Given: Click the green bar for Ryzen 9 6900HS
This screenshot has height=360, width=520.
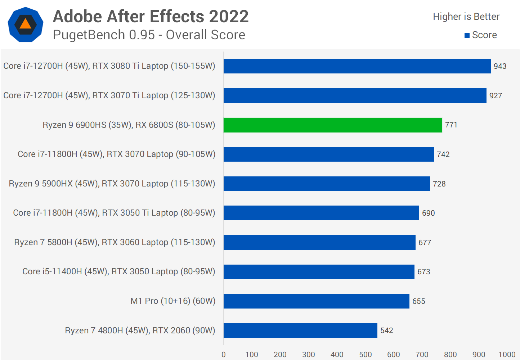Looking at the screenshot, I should (x=332, y=125).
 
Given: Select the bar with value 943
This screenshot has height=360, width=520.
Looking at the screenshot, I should (x=357, y=66).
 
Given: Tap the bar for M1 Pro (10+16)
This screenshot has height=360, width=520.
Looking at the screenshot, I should (x=316, y=301).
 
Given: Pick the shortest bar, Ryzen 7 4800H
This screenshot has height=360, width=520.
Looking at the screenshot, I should (x=300, y=330).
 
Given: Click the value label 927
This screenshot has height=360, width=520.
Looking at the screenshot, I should (x=496, y=96).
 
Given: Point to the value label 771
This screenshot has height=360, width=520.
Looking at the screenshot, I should (x=451, y=125).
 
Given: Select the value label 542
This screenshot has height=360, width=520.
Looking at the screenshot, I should (x=386, y=330).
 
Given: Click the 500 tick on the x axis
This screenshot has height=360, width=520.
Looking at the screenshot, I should (x=365, y=355).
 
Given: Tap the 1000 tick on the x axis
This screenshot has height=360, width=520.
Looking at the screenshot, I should (x=507, y=355).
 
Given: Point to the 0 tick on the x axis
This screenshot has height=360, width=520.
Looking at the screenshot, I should (x=224, y=355).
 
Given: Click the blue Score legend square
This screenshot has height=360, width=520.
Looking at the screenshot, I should (x=467, y=35).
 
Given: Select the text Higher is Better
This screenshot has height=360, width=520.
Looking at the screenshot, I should (x=466, y=17).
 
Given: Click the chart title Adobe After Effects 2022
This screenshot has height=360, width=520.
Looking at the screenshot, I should (x=151, y=17).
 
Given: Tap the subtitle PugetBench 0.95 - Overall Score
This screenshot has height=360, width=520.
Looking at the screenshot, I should (x=149, y=35).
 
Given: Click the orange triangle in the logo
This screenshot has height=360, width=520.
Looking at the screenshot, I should (x=26, y=24).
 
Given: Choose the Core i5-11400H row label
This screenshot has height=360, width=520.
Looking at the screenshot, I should (x=118, y=271).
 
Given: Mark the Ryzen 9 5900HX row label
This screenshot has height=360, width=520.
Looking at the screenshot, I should (x=112, y=184).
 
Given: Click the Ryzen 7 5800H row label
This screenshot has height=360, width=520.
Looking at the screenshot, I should (x=115, y=242).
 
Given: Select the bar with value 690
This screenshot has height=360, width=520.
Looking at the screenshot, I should (x=321, y=213).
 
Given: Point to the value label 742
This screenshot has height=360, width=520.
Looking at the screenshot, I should (x=443, y=154).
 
